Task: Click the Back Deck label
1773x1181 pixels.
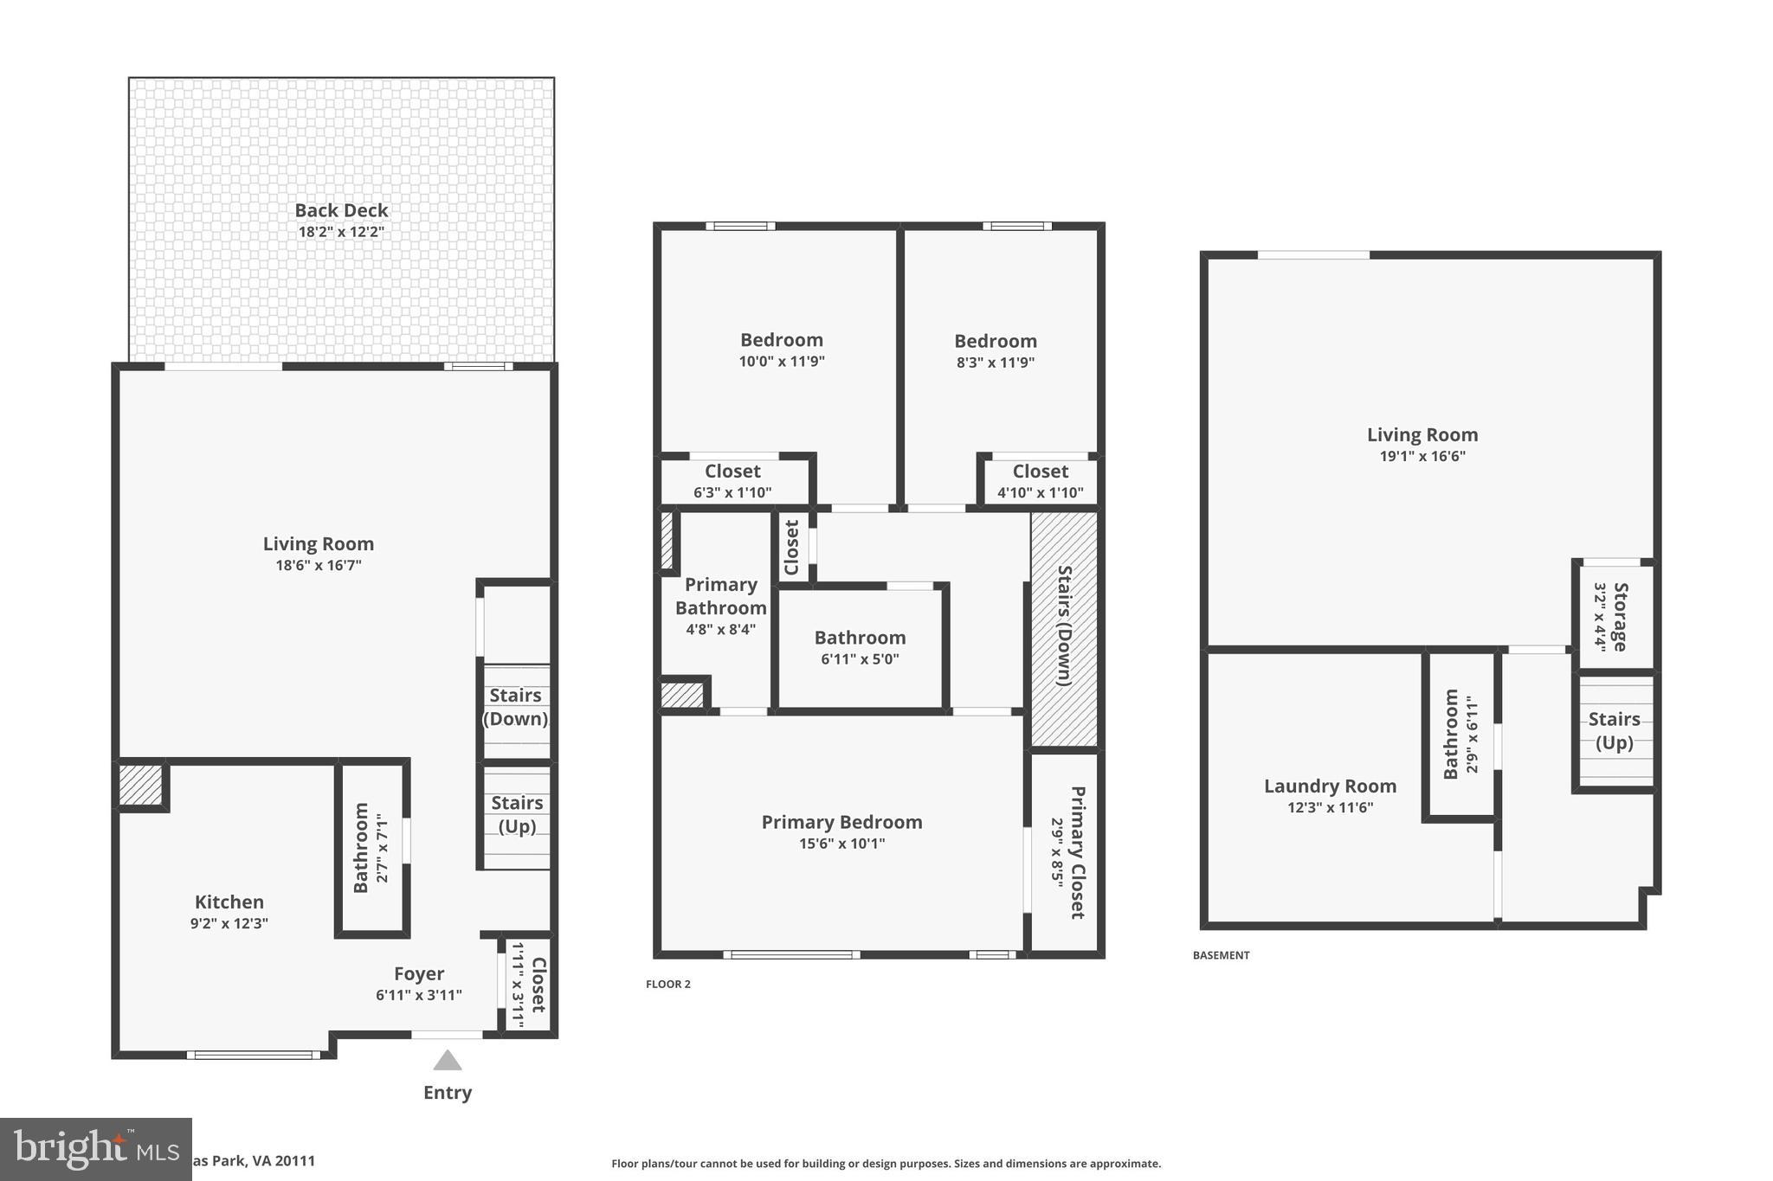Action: pyautogui.click(x=341, y=210)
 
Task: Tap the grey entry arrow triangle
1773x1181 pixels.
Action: pyautogui.click(x=447, y=1061)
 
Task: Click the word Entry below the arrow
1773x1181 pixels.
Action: pyautogui.click(x=447, y=1093)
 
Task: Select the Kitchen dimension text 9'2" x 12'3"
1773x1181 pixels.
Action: pyautogui.click(x=229, y=924)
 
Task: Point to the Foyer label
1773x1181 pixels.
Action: pyautogui.click(x=419, y=974)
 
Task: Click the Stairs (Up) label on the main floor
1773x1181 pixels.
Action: pyautogui.click(x=517, y=814)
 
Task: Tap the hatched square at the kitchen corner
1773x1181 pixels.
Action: pyautogui.click(x=140, y=784)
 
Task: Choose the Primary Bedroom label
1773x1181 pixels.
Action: pyautogui.click(x=841, y=822)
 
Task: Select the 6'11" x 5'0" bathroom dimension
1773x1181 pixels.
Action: pyautogui.click(x=860, y=659)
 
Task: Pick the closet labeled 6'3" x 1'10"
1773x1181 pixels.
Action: pyautogui.click(x=732, y=482)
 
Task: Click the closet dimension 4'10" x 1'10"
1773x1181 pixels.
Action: pyautogui.click(x=1040, y=493)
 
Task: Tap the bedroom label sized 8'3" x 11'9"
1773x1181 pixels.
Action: pyautogui.click(x=996, y=342)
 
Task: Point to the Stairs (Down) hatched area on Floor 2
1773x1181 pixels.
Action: pyautogui.click(x=1064, y=626)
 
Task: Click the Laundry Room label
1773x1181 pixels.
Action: pyautogui.click(x=1330, y=786)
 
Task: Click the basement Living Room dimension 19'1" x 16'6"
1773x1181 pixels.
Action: pyautogui.click(x=1422, y=457)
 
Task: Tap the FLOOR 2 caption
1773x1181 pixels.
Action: pyautogui.click(x=667, y=984)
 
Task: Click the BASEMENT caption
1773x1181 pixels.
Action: pyautogui.click(x=1221, y=955)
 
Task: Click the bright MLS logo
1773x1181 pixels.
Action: pyautogui.click(x=95, y=1149)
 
